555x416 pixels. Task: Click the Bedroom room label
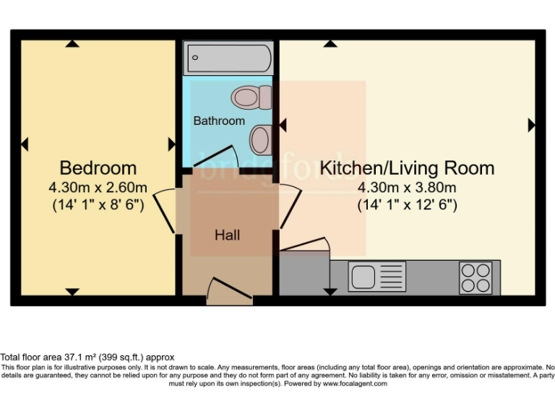98,168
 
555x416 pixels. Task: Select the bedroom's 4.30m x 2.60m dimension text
98,188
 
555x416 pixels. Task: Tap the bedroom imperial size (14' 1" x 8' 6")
98,204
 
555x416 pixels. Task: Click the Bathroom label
219,121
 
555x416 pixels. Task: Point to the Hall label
227,235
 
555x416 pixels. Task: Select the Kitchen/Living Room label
407,168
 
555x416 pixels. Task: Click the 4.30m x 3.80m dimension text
407,188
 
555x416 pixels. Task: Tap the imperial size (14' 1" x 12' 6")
407,204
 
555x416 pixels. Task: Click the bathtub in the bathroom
228,58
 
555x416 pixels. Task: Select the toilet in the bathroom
253,96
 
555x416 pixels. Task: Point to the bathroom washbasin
261,136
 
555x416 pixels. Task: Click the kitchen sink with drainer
377,277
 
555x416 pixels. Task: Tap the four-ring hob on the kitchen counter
476,277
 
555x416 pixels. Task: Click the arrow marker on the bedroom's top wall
71,44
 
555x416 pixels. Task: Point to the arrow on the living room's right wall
532,125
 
